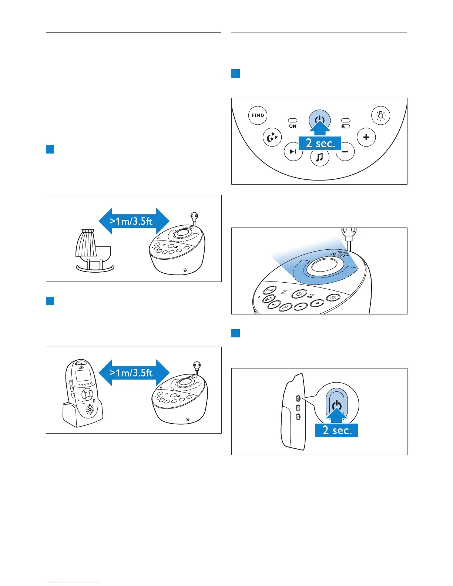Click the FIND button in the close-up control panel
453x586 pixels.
tap(258, 115)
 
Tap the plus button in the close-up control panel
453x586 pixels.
tap(366, 137)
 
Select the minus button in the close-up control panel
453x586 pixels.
tap(346, 152)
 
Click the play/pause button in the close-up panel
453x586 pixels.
tap(293, 152)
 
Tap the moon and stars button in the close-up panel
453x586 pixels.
tap(272, 138)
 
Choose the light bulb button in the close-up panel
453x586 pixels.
tap(380, 115)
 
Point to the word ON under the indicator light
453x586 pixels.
tap(293, 127)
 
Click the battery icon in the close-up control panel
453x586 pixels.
tap(346, 127)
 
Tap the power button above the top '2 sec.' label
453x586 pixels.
tap(319, 119)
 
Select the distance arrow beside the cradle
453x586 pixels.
tap(134, 221)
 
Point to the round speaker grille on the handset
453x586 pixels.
tap(90, 409)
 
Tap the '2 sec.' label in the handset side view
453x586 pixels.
tap(336, 430)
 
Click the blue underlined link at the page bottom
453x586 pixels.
tap(74, 583)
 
